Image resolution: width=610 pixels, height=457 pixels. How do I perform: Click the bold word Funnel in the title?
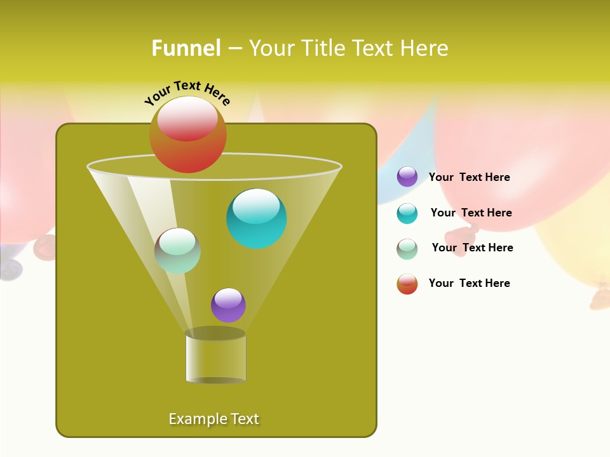[186, 48]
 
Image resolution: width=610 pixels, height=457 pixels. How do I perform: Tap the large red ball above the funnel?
[188, 134]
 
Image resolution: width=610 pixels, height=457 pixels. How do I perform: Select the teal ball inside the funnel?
[256, 218]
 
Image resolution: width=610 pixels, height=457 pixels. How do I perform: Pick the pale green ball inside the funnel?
[177, 251]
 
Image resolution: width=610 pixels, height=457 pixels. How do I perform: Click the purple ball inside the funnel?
[228, 305]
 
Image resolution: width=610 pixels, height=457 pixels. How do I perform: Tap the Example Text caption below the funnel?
[213, 419]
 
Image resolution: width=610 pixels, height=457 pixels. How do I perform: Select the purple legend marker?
[407, 176]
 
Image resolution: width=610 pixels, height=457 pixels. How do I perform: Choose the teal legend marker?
[407, 213]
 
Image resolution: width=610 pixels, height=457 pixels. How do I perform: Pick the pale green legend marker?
[407, 249]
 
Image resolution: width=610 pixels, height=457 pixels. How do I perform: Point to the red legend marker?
[407, 284]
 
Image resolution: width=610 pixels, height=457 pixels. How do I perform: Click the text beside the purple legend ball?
[469, 177]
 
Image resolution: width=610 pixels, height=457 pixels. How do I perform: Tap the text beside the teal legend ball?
[471, 213]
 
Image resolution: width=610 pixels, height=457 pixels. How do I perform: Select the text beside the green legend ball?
[472, 248]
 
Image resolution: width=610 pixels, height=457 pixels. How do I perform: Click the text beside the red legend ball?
[469, 283]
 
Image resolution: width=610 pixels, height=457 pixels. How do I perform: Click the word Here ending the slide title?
[425, 48]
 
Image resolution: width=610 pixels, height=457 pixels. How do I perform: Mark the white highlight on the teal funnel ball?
[256, 206]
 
